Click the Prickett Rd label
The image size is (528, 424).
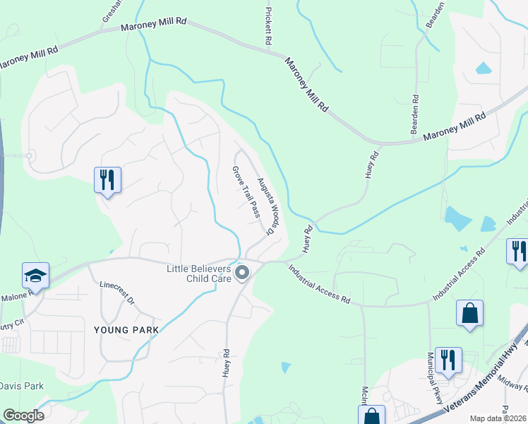pos(268,27)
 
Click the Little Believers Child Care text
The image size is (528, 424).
pos(198,273)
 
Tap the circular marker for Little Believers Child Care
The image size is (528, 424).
pos(243,273)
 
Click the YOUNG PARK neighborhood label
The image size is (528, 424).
pos(121,329)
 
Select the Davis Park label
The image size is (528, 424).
pos(21,386)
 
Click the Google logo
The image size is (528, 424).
pos(23,416)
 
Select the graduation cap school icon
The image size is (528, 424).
pos(35,275)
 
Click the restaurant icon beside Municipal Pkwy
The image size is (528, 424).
pos(448,360)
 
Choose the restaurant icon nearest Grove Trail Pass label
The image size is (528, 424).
pos(107,179)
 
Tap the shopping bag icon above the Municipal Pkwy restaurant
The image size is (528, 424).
pos(469,312)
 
